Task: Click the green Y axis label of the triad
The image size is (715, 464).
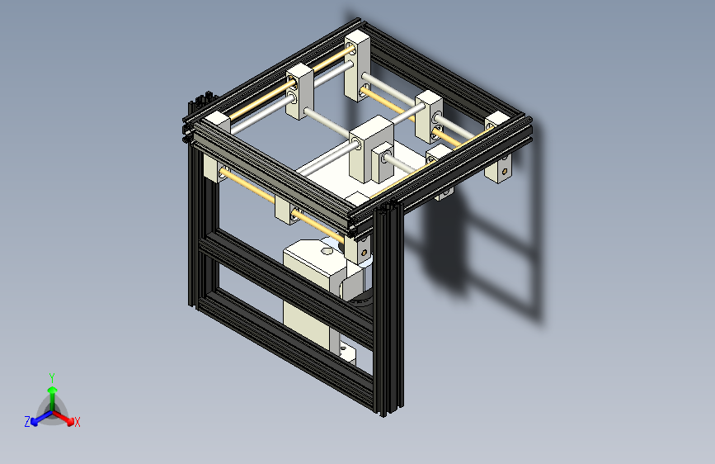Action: (52, 376)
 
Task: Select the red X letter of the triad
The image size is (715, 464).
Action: (78, 422)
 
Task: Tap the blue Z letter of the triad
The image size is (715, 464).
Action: (27, 422)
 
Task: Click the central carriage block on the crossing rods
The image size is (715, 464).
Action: (369, 149)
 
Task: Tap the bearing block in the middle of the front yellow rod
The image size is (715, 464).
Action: (285, 212)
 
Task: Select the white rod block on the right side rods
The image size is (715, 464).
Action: (429, 116)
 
